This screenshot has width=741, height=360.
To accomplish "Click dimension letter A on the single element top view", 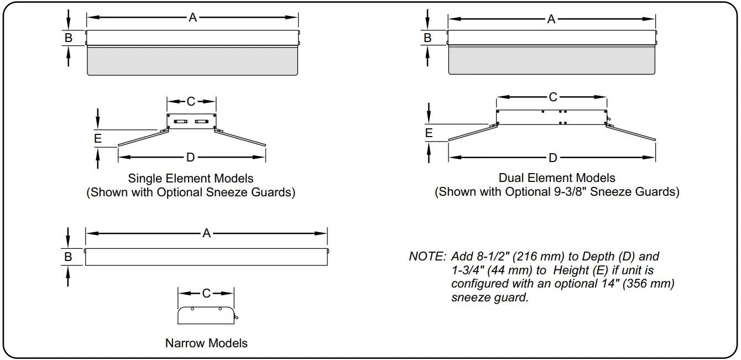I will coord(192,18).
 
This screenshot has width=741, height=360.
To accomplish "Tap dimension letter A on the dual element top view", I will coord(551,19).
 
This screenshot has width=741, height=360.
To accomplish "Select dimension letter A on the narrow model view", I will coord(206,233).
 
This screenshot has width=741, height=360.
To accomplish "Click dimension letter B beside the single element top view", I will coord(69,38).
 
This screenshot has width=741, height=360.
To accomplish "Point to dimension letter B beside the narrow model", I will coord(68,257).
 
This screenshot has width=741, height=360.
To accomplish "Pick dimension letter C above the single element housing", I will coord(191,101).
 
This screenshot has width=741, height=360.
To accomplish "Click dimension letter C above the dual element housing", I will coord(553,97).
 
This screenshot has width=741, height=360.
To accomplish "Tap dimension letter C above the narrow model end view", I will coord(206,293).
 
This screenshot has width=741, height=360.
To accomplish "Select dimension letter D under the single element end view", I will coord(190,158).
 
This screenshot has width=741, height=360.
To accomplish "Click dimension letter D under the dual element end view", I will coord(553,158).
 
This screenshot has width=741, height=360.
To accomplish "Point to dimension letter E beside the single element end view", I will coord(98,138).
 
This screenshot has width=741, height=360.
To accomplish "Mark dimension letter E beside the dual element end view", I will coord(429,133).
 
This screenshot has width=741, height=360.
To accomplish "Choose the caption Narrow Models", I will coord(206,343).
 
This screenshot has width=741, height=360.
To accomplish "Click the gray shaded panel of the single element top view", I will coord(193,60).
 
